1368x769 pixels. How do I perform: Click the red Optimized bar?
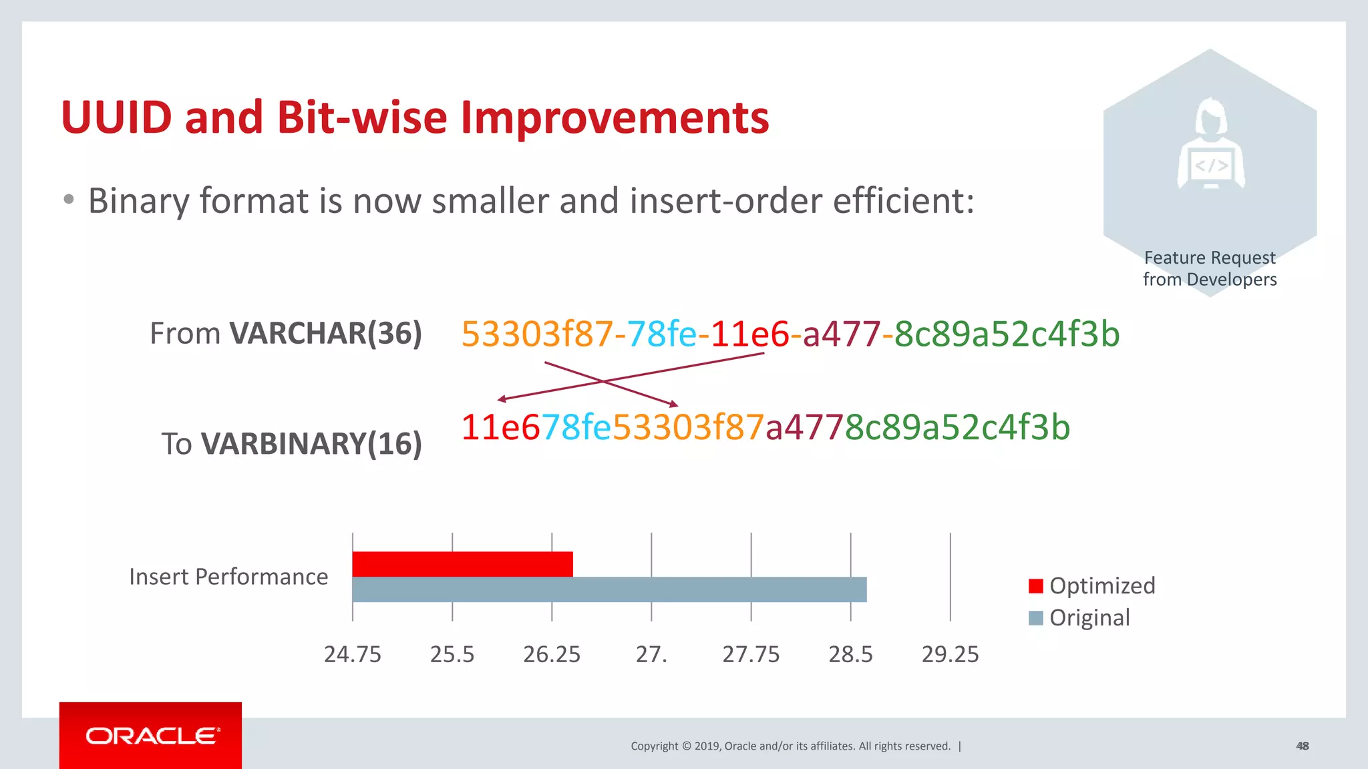(462, 564)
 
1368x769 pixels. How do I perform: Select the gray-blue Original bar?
(609, 589)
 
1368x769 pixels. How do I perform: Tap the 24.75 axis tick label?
(352, 654)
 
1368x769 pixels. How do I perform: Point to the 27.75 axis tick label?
(751, 654)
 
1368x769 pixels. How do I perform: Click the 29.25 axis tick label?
(950, 654)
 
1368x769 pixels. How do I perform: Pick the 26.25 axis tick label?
(552, 654)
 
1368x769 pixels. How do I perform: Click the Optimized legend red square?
(1036, 586)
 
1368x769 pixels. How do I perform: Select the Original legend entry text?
(1089, 617)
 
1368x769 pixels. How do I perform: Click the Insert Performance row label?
(228, 577)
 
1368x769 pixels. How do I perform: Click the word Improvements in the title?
(615, 117)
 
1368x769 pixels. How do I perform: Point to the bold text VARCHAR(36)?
(326, 333)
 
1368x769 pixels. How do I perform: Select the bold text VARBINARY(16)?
(311, 444)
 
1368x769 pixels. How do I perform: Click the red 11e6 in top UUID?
(749, 334)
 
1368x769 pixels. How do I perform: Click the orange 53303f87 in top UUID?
(537, 334)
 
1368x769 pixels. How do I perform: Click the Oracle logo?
(151, 736)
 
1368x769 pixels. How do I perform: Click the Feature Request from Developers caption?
(1210, 268)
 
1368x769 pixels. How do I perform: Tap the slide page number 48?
(1302, 746)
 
